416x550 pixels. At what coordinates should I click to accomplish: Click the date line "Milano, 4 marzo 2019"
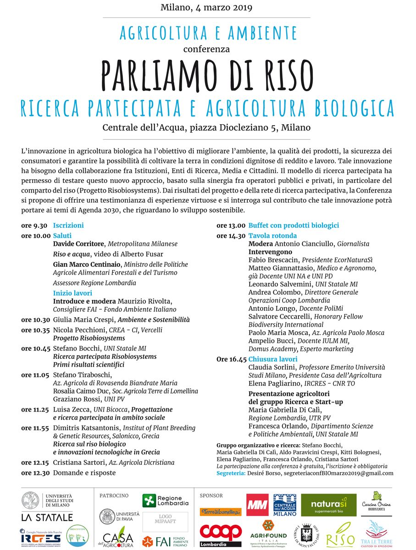point(206,7)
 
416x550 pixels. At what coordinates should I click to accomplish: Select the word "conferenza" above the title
point(206,49)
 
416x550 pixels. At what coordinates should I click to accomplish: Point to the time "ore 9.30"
point(34,225)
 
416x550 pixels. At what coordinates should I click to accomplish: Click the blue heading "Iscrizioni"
point(68,225)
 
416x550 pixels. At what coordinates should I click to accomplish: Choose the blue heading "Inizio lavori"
point(72,293)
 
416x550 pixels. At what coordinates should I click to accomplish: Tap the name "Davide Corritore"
point(79,244)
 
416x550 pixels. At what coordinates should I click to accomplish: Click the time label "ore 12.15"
point(35,462)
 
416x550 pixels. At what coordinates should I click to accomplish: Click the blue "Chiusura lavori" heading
point(273,359)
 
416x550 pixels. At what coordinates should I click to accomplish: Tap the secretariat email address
point(338,473)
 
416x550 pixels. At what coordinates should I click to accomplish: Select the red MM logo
point(257,505)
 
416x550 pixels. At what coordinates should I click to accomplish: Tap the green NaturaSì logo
point(328,505)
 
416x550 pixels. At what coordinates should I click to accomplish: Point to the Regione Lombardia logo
point(165,500)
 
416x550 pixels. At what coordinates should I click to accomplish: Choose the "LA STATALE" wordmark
point(47,517)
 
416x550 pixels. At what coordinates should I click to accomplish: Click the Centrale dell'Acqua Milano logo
point(285,505)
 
